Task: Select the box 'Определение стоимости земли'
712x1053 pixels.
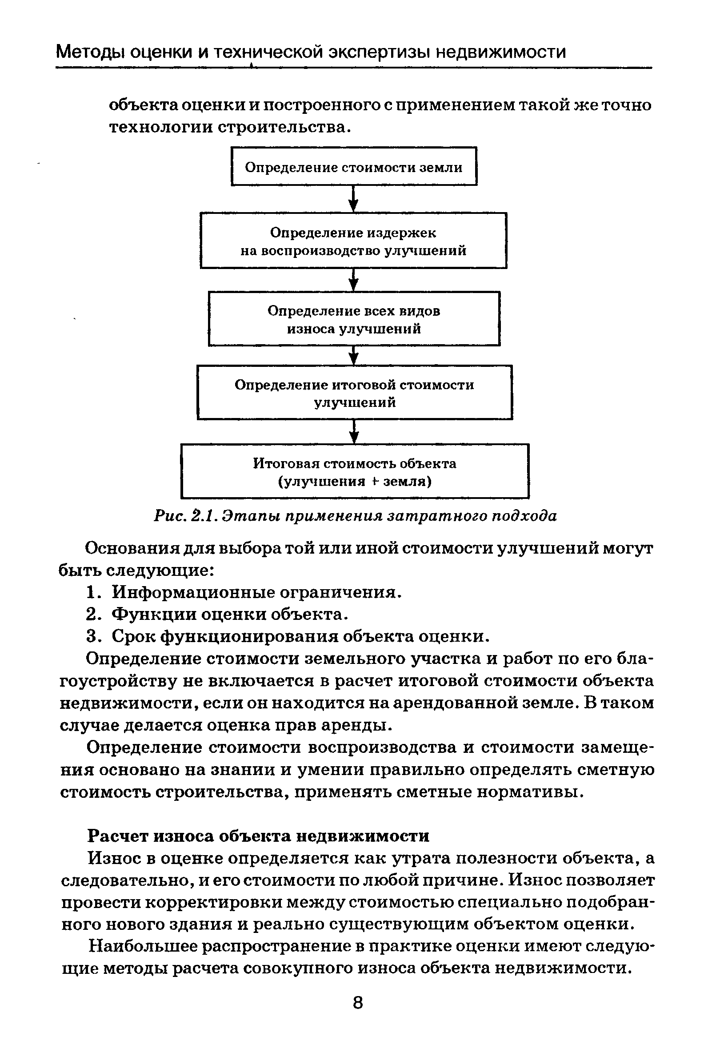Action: pos(354,166)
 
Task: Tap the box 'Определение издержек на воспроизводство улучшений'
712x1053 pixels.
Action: pos(353,241)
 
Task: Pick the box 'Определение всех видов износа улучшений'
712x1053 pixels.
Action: pos(354,319)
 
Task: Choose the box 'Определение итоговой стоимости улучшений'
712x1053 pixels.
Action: pos(355,392)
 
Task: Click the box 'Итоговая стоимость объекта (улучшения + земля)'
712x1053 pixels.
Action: pos(355,471)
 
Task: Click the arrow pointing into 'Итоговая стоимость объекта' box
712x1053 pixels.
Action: pos(355,431)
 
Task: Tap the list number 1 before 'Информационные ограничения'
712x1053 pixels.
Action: pos(92,592)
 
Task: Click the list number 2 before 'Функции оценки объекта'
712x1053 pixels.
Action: pos(92,615)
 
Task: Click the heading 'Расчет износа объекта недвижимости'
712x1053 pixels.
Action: pos(258,835)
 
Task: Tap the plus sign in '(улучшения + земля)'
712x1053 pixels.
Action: pos(375,481)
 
